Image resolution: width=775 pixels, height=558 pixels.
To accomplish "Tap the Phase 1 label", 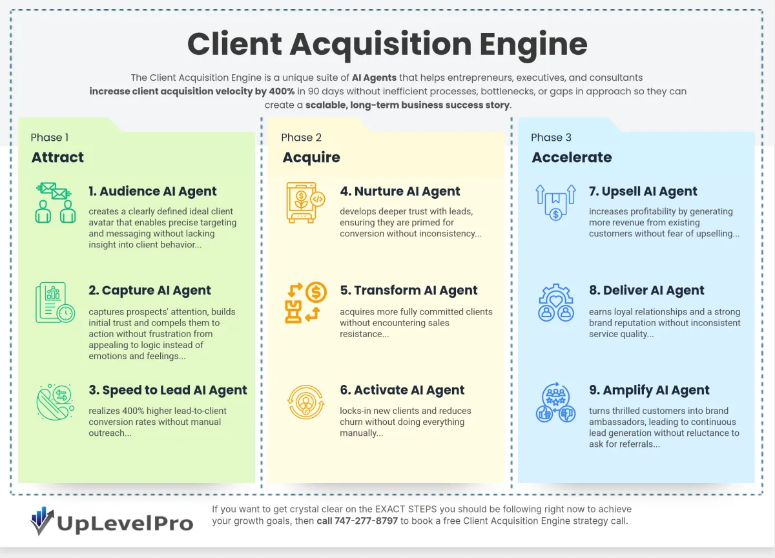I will coord(50,138).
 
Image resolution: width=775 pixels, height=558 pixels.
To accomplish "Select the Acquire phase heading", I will coord(311,158).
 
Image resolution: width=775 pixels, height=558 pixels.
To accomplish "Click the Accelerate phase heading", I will coord(572,158).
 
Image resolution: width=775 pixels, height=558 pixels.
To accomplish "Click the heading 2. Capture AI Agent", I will coord(150,291).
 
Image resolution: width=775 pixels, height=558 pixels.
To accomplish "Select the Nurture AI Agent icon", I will coord(305,203).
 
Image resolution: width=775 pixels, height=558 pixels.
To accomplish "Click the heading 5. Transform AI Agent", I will coord(409,291).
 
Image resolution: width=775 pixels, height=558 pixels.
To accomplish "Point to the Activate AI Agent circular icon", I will coord(305,401).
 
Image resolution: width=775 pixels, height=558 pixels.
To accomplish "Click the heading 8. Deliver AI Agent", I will coord(646,291).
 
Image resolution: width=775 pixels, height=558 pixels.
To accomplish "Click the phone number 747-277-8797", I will coord(366,521).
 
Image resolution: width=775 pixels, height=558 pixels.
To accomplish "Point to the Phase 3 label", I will coord(551,138).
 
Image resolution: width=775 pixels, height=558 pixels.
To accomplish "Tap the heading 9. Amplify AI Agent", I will coord(649,390).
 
